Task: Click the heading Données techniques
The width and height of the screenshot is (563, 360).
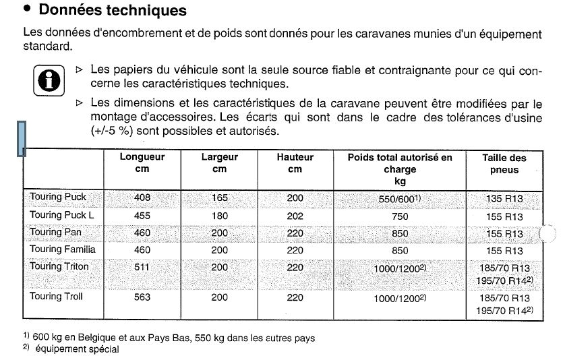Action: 113,11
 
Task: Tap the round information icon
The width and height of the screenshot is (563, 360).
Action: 45,80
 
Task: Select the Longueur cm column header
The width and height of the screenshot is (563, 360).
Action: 142,162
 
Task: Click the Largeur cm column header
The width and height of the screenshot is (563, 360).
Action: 220,162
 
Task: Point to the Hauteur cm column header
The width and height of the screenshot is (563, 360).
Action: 295,162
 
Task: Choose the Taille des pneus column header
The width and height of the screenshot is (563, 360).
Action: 504,164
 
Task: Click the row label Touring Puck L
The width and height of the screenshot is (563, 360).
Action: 61,214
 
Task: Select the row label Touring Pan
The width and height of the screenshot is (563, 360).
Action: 55,232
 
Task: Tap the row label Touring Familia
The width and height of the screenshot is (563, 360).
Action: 63,249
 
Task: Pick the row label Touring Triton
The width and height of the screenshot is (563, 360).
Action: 59,266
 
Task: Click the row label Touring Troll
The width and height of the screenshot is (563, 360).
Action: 56,296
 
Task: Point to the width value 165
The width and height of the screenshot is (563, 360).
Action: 220,198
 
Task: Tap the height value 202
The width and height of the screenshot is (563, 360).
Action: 295,215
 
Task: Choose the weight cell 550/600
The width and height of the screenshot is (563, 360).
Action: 400,199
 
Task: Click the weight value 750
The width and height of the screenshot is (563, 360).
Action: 400,216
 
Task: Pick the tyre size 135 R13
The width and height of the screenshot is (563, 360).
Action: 504,199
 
